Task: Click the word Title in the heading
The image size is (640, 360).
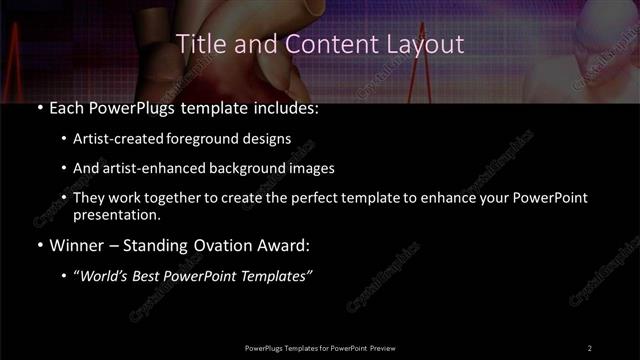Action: [x=199, y=44]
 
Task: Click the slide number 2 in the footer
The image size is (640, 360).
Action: [x=590, y=348]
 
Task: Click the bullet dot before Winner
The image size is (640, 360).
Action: [x=38, y=245]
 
